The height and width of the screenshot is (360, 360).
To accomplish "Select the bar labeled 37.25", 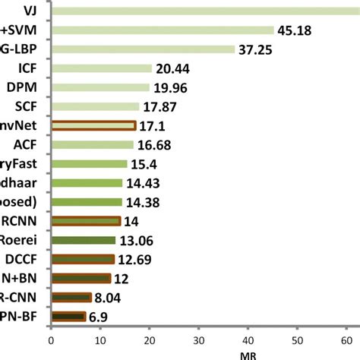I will (x=143, y=49).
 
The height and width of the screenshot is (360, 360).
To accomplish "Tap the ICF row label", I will (x=32, y=68).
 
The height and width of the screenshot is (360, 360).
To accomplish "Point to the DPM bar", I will (x=100, y=87).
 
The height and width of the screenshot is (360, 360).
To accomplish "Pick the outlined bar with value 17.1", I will (x=93, y=126).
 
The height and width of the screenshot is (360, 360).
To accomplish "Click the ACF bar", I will (x=92, y=144).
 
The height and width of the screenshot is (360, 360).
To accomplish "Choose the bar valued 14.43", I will (x=87, y=182).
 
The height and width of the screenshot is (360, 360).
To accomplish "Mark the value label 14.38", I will (x=144, y=202).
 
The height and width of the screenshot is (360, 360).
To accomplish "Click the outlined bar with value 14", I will (x=85, y=221).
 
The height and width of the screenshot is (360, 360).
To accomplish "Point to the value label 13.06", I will (x=137, y=240).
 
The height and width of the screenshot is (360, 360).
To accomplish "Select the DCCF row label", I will (x=29, y=259).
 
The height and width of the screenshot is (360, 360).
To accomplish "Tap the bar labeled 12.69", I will (x=82, y=259).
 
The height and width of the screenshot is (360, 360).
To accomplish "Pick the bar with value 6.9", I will (x=68, y=316).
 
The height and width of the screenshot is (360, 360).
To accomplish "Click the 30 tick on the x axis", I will (x=199, y=340).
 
